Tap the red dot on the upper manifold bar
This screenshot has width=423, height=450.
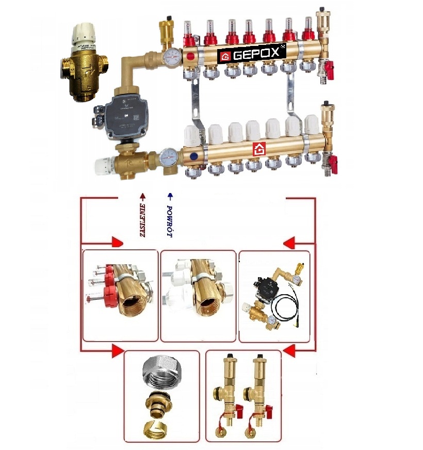pos(191,56)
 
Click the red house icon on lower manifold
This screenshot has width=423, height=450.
pos(259,150)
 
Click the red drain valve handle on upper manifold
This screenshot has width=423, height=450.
pos(328,66)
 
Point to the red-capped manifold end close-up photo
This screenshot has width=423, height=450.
pos(120,295)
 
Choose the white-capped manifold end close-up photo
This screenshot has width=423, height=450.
pos(198,295)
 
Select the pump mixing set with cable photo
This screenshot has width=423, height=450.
pos(274,296)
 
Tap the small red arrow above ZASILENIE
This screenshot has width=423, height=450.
pos(142,197)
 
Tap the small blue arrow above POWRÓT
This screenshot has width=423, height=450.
pos(170,197)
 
